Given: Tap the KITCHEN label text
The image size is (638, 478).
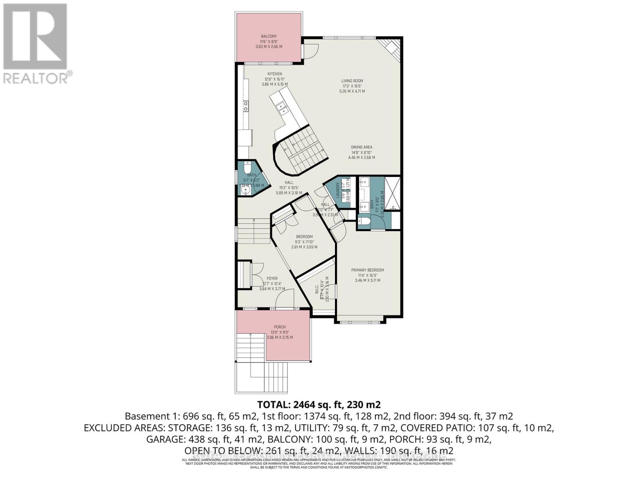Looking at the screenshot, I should coord(274,74).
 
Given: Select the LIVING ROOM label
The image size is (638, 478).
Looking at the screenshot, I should coord(352,81).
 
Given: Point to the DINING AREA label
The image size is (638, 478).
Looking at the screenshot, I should coord(361,147).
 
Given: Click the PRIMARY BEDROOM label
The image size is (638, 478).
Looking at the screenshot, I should coord(367,270).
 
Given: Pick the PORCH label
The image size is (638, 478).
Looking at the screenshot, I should coord(279,327).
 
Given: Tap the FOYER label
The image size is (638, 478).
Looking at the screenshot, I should coord(272,278).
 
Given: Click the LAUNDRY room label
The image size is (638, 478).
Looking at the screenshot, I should coord(338,190).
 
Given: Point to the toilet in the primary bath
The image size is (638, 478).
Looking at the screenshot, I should coord(364,221).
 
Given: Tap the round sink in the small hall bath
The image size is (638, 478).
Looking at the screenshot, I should coord(244,190).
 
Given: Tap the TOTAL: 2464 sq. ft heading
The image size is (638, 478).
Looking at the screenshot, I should coord(319,405).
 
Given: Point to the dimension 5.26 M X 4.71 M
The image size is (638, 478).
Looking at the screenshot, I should coord(352,91).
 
